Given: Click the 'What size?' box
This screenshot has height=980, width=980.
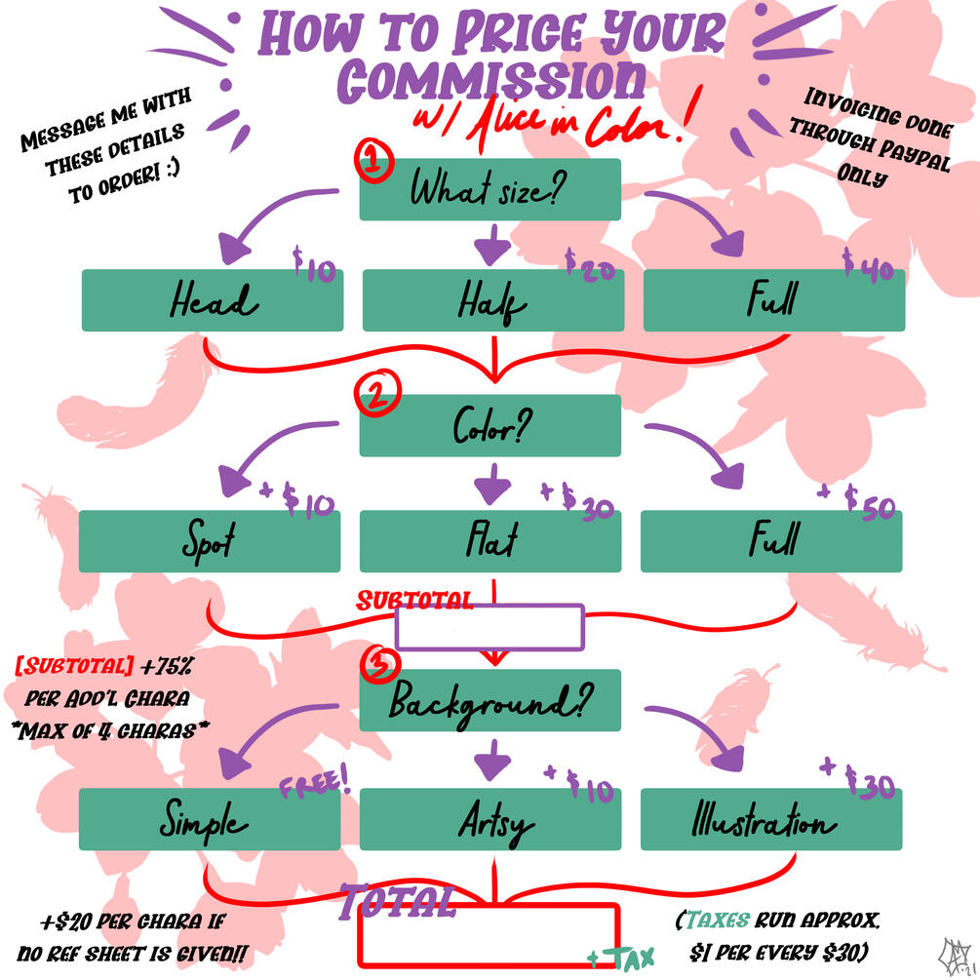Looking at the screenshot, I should pyautogui.click(x=490, y=189).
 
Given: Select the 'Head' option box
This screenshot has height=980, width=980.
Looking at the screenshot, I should pyautogui.click(x=212, y=300).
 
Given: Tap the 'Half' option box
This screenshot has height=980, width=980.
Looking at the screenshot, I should pyautogui.click(x=493, y=300).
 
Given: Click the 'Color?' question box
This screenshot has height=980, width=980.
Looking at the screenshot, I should pyautogui.click(x=490, y=425).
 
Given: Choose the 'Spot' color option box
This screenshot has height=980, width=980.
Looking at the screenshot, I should pyautogui.click(x=210, y=540).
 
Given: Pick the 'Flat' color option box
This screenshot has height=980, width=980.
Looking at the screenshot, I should pyautogui.click(x=490, y=540).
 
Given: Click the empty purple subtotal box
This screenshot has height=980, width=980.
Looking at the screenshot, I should pyautogui.click(x=490, y=627).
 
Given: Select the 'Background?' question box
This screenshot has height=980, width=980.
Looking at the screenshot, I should pyautogui.click(x=490, y=700).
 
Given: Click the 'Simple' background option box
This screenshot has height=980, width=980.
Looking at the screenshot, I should pyautogui.click(x=210, y=819).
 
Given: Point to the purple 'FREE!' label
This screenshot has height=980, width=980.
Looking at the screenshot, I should pyautogui.click(x=314, y=781).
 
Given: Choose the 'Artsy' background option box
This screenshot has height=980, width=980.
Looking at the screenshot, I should pyautogui.click(x=490, y=819).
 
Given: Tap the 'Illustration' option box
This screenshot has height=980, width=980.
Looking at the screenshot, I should pyautogui.click(x=771, y=819).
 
